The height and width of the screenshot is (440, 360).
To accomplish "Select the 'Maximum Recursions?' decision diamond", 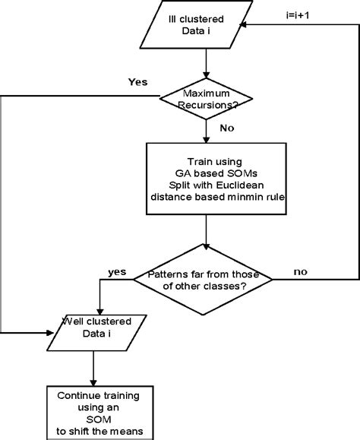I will click(x=207, y=97).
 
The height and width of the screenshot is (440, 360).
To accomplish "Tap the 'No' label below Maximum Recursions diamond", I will click(x=226, y=129).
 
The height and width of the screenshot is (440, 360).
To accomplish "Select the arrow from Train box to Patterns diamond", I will click(x=206, y=228).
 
